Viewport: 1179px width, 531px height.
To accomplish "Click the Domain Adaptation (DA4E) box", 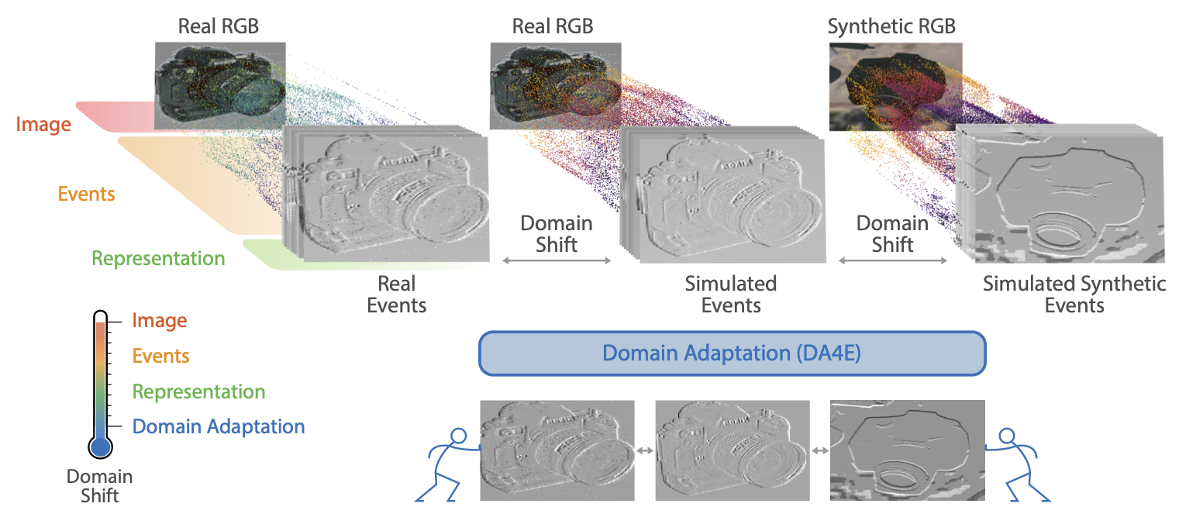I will (x=732, y=353).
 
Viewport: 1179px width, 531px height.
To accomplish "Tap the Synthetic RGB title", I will (x=891, y=26).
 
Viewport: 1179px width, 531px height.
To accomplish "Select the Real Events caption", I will (x=397, y=294).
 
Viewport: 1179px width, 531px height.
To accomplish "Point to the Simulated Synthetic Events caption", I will (x=1074, y=294).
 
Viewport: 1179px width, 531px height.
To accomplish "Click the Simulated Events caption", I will (x=731, y=294).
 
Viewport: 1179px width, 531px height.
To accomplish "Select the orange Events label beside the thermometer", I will (x=161, y=356).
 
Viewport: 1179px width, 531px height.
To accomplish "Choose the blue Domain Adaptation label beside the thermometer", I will (x=219, y=426).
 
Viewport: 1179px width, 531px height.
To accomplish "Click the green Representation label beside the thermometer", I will (x=198, y=392).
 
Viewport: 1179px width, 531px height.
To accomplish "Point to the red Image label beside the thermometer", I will (x=160, y=320).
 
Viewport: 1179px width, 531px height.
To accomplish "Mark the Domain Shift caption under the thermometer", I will (x=99, y=486).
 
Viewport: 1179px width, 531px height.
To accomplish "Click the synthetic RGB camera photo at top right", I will (x=895, y=85).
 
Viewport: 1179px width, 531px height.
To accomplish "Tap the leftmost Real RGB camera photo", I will (x=220, y=84).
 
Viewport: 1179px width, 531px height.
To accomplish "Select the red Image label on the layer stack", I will (x=45, y=124).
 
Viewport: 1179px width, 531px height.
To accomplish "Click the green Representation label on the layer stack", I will (x=158, y=258).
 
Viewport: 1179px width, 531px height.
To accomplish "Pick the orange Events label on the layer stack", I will (x=86, y=193).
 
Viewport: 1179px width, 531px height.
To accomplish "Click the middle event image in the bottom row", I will (x=732, y=450).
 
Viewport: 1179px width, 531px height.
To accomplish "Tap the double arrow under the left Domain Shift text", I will (x=557, y=262).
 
